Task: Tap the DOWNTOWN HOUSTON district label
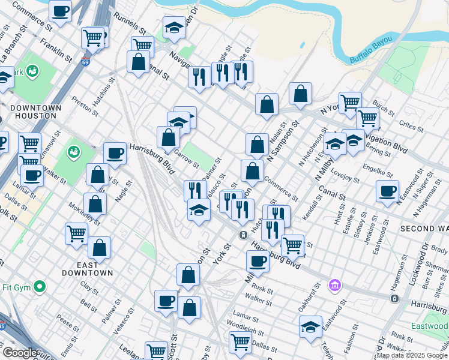(x=35, y=112)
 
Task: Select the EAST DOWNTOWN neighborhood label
(x=87, y=269)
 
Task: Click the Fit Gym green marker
(x=40, y=287)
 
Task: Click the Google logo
(x=20, y=353)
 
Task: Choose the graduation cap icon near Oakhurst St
(x=310, y=328)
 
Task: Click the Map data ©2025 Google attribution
(x=412, y=355)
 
